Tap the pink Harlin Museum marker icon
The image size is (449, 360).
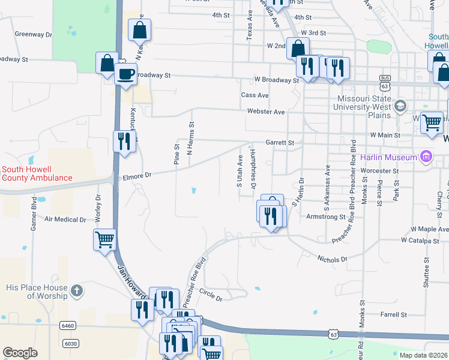[426, 157]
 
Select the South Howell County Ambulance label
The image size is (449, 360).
[37, 174]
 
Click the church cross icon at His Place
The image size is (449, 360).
[76, 292]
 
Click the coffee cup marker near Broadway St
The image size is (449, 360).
[125, 74]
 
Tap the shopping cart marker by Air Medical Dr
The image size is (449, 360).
[104, 239]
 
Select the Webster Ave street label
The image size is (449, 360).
[266, 112]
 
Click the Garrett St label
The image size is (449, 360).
[280, 143]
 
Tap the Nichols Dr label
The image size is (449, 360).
[332, 259]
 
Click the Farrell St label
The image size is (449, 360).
[394, 314]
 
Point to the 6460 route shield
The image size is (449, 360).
[68, 325]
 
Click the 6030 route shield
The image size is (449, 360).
[70, 343]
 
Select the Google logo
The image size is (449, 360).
[20, 353]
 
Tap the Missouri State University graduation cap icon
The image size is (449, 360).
[399, 107]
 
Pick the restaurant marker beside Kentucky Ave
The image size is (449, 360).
[124, 142]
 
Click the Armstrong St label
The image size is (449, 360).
[325, 217]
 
